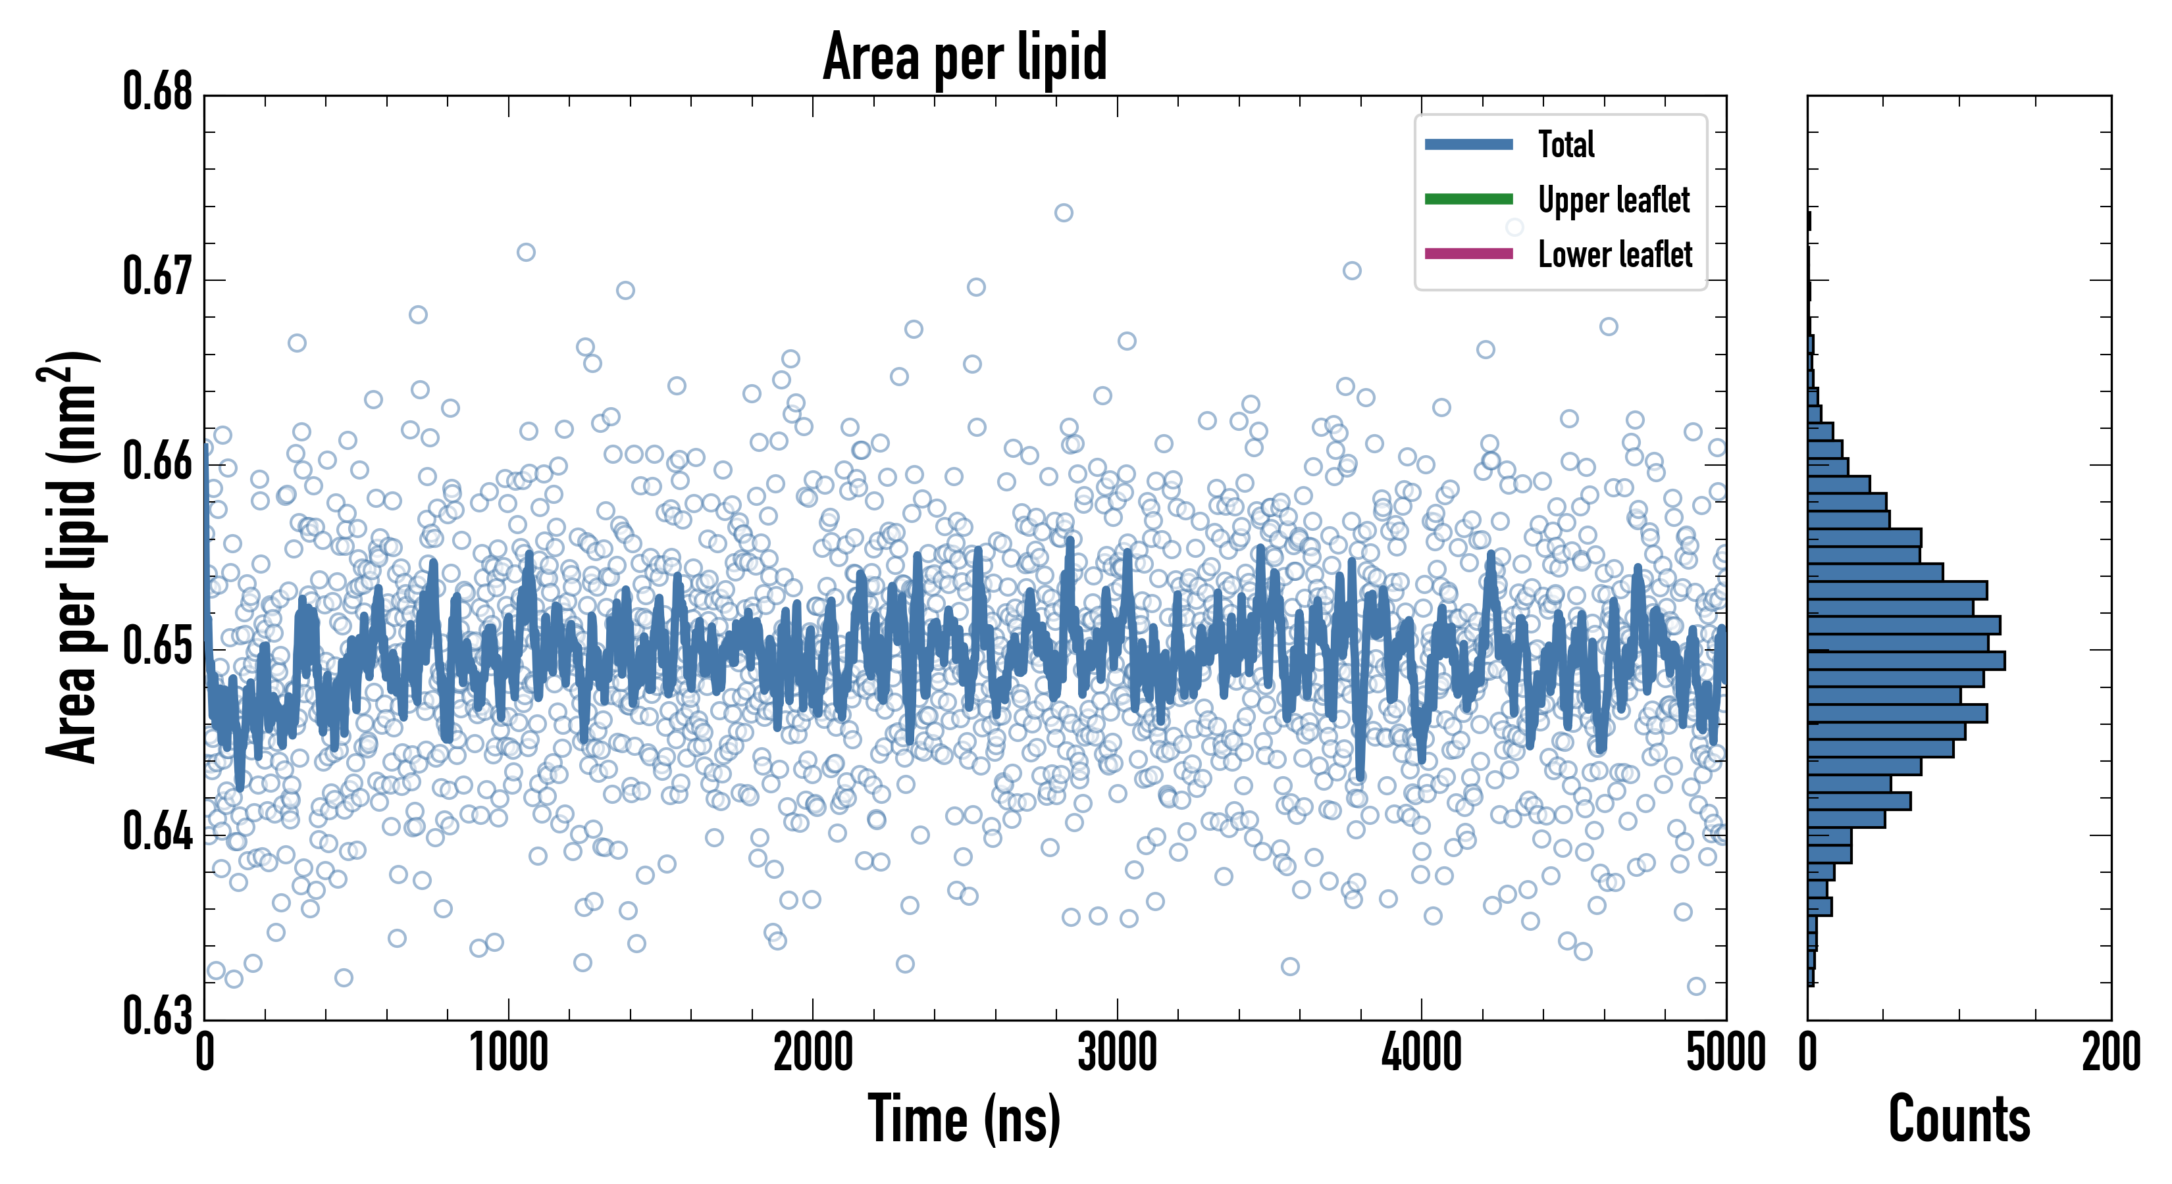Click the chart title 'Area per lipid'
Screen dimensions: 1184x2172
point(965,57)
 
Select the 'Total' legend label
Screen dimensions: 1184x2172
point(1566,145)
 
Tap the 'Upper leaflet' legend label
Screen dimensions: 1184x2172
point(1613,201)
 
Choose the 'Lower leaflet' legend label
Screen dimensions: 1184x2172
point(1615,255)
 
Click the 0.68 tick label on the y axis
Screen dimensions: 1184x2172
point(158,92)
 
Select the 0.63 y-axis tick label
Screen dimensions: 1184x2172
point(158,1016)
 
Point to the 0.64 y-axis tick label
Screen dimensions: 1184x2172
point(158,831)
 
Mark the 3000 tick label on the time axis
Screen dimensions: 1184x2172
point(1117,1053)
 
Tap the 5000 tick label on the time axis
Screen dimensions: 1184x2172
point(1725,1053)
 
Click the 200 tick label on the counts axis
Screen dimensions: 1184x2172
point(2110,1053)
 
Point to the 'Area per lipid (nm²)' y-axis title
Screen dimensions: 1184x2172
point(71,556)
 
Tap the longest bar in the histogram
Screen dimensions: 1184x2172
point(1905,660)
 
